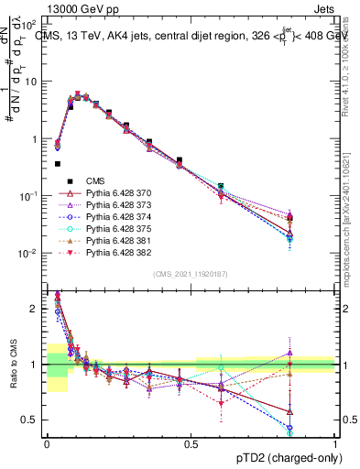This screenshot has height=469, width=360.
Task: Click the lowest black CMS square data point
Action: pos(58,164)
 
